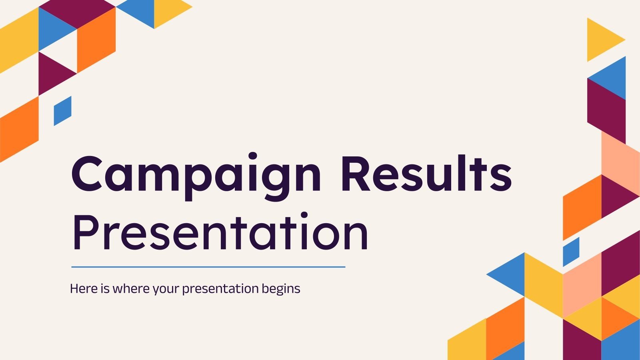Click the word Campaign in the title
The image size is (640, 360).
point(196,176)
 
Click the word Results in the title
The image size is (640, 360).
point(426,174)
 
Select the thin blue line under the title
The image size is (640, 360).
point(208,267)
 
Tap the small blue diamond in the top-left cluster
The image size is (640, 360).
point(63,111)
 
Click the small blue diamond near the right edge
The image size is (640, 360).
point(571,252)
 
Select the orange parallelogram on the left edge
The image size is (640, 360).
point(19,129)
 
